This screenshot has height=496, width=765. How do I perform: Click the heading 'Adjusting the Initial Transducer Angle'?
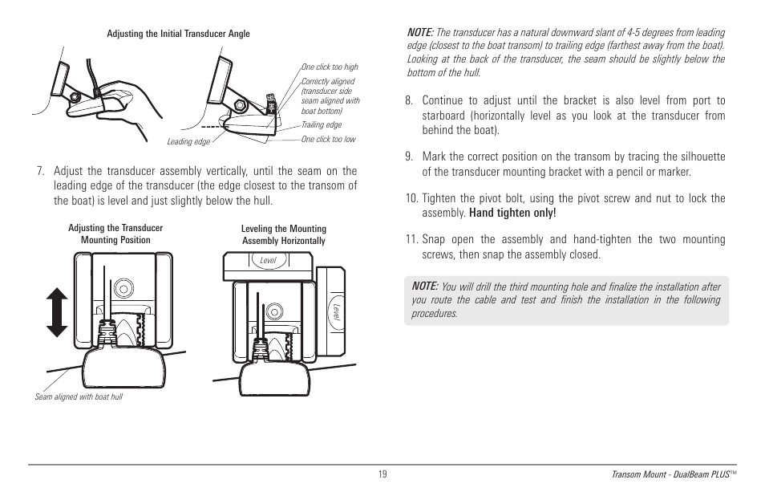[178, 34]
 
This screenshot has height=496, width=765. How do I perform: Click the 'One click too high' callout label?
[330, 67]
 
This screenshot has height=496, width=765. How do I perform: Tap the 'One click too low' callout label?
[328, 140]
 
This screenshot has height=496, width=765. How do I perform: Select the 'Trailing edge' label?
[321, 124]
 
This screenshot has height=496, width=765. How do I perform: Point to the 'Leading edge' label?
[188, 142]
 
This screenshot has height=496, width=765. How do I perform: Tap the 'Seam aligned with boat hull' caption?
[79, 396]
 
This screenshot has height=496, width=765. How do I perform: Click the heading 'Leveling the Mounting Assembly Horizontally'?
[284, 234]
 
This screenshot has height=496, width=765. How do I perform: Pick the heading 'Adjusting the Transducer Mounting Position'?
[115, 234]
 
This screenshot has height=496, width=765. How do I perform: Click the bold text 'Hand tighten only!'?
[512, 213]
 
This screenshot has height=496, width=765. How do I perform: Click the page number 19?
[382, 474]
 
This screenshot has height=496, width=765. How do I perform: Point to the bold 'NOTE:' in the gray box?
[424, 286]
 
